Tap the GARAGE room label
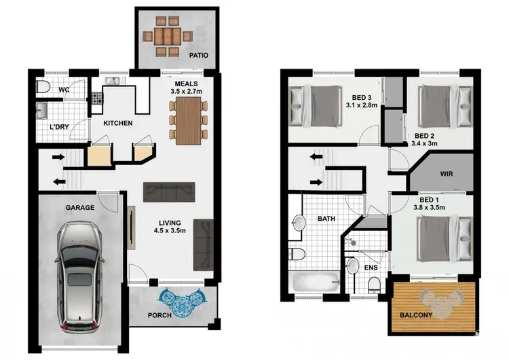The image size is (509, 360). click(79, 207)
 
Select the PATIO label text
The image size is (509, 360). click(198, 55)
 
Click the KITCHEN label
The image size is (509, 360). click(117, 124)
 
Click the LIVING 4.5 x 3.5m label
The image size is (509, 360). click(169, 226)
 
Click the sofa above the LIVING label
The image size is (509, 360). click(168, 192)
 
